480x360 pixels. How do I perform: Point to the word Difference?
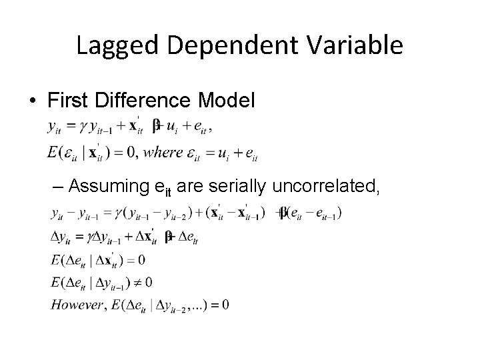pyautogui.click(x=141, y=101)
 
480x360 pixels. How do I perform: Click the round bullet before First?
pyautogui.click(x=33, y=101)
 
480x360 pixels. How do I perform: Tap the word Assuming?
pyautogui.click(x=113, y=187)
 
